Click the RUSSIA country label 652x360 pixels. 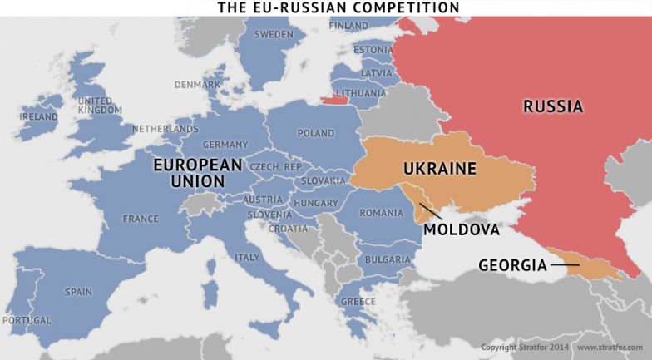552,106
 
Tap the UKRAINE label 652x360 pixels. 439,169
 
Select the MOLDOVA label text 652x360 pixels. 462,229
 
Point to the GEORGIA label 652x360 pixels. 512,266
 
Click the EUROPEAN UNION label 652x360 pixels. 197,173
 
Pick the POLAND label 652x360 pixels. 315,133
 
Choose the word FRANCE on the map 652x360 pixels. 141,219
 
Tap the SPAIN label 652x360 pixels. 78,292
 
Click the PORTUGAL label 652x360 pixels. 27,320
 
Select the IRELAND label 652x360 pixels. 39,117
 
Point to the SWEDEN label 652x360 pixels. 274,35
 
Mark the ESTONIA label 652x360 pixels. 373,50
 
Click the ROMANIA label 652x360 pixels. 381,213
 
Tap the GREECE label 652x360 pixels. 358,301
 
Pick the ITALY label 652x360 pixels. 247,258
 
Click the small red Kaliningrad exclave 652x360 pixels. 334,101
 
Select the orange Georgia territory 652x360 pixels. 595,266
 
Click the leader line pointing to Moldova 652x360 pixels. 430,211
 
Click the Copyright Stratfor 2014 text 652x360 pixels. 525,347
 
